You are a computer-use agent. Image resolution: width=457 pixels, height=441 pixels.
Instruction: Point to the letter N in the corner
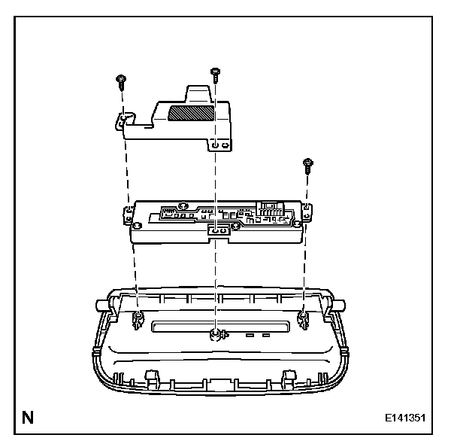click(x=28, y=415)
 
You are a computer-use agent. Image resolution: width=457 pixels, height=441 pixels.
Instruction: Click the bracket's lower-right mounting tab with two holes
click(x=219, y=144)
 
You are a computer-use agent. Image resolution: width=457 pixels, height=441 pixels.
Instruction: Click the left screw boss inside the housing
click(x=139, y=321)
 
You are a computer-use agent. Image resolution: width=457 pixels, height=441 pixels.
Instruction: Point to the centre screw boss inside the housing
click(x=216, y=334)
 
